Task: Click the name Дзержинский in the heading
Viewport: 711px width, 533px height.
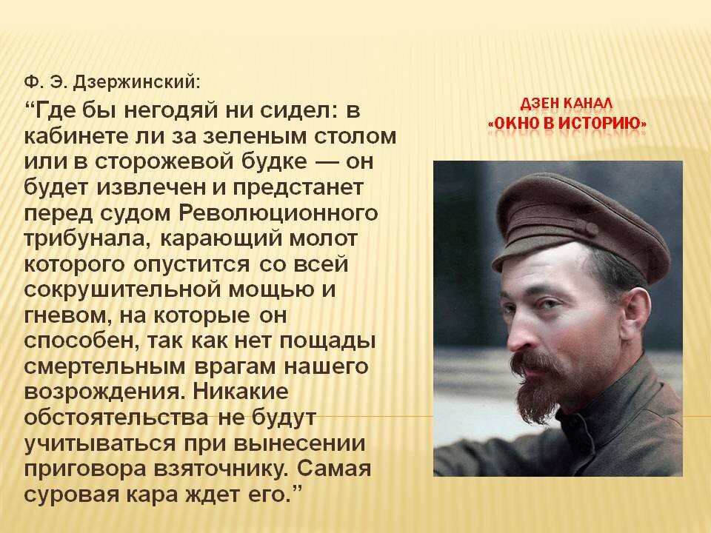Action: pyautogui.click(x=136, y=83)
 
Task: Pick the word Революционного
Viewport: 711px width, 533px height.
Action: pyautogui.click(x=278, y=213)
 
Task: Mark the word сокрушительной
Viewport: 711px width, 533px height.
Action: pyautogui.click(x=122, y=289)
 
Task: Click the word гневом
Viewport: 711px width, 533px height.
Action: pyautogui.click(x=67, y=315)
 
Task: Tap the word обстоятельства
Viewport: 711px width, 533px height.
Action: pyautogui.click(x=116, y=418)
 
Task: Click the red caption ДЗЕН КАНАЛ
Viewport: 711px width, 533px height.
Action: pyautogui.click(x=567, y=104)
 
